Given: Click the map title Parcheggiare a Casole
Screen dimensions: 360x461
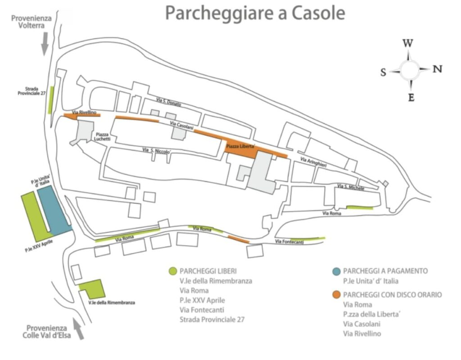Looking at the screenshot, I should pyautogui.click(x=255, y=13).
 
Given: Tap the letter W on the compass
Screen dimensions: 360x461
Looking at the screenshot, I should pyautogui.click(x=408, y=44).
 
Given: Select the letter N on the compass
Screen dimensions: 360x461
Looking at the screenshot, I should pyautogui.click(x=437, y=69).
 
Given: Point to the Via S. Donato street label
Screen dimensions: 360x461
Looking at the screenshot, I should pyautogui.click(x=168, y=103).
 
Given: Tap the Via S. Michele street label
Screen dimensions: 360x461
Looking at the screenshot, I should pyautogui.click(x=351, y=187).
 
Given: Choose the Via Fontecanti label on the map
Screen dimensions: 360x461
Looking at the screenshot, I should pyautogui.click(x=289, y=243).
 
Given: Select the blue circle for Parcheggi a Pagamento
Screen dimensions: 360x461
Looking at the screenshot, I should pyautogui.click(x=334, y=271).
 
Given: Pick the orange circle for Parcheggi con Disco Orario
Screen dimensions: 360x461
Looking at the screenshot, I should pyautogui.click(x=334, y=295).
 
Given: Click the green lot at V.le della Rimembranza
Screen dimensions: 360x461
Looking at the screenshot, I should pyautogui.click(x=93, y=288).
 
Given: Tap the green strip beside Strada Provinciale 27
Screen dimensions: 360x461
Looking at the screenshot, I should pyautogui.click(x=51, y=100).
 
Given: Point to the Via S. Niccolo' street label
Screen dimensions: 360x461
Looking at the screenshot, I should pyautogui.click(x=156, y=152).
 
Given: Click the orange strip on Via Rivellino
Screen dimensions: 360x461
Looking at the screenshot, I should pyautogui.click(x=82, y=116).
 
